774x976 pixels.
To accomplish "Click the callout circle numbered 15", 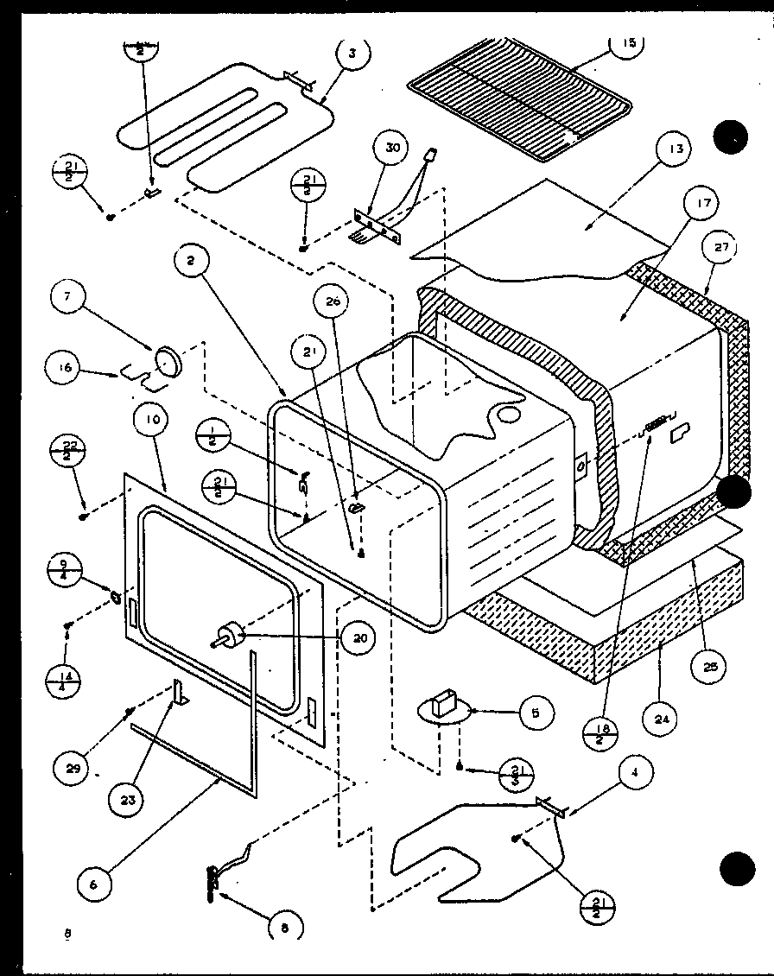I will pos(628,44).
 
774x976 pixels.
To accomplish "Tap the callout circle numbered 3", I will pos(352,54).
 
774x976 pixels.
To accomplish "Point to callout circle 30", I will pos(392,149).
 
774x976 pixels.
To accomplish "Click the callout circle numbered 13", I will pos(675,149).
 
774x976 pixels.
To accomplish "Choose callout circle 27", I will pos(721,248).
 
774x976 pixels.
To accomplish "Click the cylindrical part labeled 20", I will pos(230,637).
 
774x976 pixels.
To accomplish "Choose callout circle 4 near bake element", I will pos(636,774).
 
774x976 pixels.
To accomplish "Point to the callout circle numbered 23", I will pos(128,799).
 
